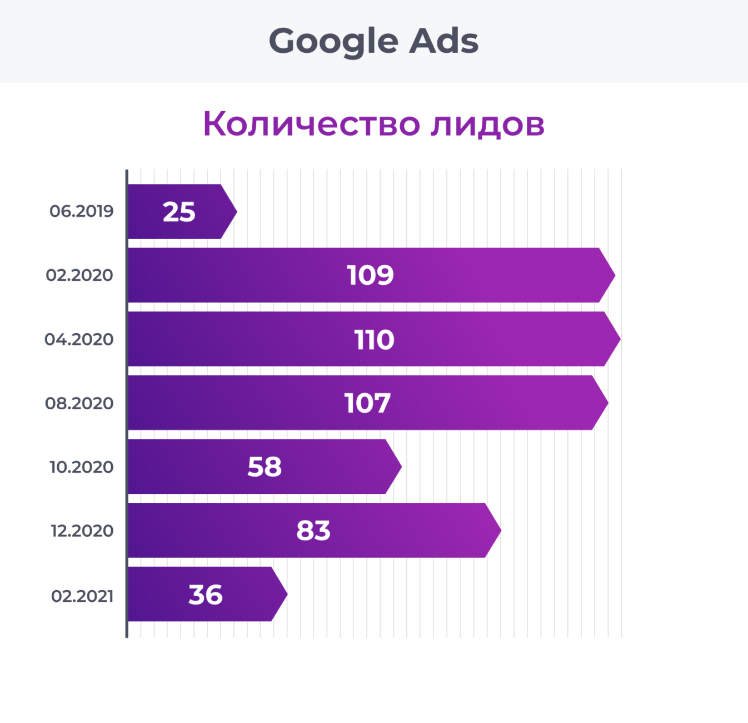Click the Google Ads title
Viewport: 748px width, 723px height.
[x=373, y=41]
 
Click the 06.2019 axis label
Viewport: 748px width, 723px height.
[x=81, y=211]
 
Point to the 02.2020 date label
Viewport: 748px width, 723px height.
[x=79, y=275]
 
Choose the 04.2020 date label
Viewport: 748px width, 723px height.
[x=79, y=339]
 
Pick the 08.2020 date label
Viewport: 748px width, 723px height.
[x=79, y=403]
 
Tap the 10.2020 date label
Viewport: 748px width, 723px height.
[x=81, y=467]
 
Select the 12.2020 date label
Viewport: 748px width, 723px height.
[x=82, y=531]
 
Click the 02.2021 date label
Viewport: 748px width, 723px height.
[x=82, y=596]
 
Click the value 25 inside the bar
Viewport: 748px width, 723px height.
[x=179, y=212]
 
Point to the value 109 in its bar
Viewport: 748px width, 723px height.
[x=370, y=275]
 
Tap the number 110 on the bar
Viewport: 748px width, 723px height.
[x=374, y=340]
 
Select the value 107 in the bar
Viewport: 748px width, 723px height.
[x=367, y=403]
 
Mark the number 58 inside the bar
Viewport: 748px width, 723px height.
[x=265, y=467]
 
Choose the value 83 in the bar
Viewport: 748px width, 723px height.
[x=313, y=531]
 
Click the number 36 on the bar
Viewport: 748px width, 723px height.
[x=206, y=595]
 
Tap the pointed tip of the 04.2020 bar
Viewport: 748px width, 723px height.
[x=618, y=339]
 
